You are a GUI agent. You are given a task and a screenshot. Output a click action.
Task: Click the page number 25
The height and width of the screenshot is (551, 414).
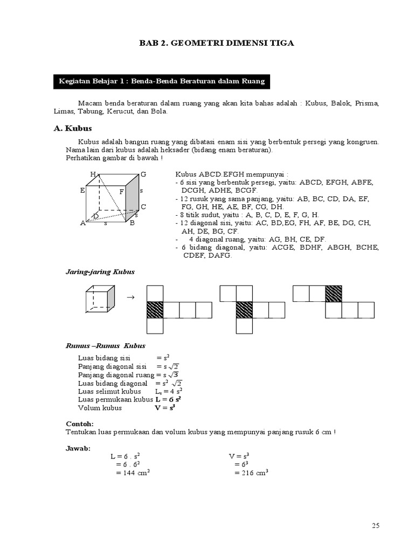(376, 525)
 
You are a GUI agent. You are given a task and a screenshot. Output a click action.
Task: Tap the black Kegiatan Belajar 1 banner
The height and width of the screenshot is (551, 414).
(161, 81)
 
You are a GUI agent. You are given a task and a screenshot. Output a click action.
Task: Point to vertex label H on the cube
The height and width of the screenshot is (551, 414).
(93, 174)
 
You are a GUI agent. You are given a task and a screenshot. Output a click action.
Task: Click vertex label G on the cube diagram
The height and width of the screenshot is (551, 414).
(143, 174)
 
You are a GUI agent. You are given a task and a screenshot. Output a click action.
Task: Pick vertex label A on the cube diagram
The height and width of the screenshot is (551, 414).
(83, 223)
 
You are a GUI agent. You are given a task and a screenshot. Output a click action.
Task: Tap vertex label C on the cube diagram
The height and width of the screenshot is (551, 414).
(143, 207)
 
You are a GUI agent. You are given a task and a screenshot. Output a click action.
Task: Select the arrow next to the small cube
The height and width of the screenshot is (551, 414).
(129, 297)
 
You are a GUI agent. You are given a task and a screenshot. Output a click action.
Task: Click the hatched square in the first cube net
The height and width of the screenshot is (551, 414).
(155, 310)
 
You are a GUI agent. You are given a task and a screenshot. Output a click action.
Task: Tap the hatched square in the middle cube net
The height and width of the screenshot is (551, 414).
(244, 310)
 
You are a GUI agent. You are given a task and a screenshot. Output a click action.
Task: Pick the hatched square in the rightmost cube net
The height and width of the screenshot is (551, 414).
(333, 294)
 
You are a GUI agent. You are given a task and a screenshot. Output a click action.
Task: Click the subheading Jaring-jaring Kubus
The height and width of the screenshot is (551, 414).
(100, 272)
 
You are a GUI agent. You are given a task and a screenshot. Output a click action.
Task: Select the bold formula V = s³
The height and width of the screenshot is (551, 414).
(165, 408)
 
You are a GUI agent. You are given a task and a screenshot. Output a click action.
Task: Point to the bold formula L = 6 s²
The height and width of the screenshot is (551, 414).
(168, 400)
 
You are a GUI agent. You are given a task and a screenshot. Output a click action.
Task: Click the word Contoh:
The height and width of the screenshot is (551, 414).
(79, 423)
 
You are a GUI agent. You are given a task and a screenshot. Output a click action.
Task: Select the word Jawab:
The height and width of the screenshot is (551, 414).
(78, 448)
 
